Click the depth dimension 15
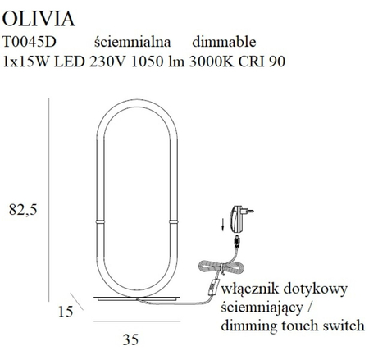click(66, 311)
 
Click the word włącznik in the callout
click(250, 289)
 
